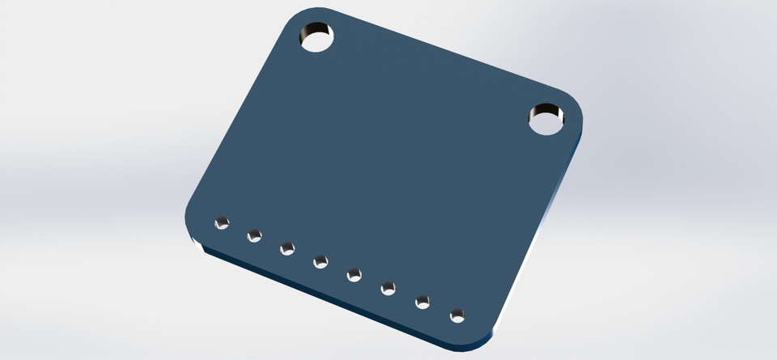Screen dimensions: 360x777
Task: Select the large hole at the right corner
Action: pyautogui.click(x=547, y=119)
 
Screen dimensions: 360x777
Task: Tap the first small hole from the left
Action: pyautogui.click(x=221, y=222)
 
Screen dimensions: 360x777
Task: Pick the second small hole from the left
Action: pyautogui.click(x=254, y=235)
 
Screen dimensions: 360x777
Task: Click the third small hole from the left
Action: pyautogui.click(x=287, y=248)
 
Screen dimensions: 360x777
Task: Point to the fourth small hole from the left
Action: pyautogui.click(x=321, y=261)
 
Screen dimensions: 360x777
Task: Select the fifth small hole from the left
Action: pyautogui.click(x=355, y=275)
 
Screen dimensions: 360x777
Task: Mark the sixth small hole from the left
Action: pyautogui.click(x=388, y=287)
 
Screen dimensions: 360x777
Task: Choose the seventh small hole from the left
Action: pyautogui.click(x=422, y=302)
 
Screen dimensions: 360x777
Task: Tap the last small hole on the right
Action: pyautogui.click(x=457, y=314)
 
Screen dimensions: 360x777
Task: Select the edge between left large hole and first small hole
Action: pyautogui.click(x=235, y=121)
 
